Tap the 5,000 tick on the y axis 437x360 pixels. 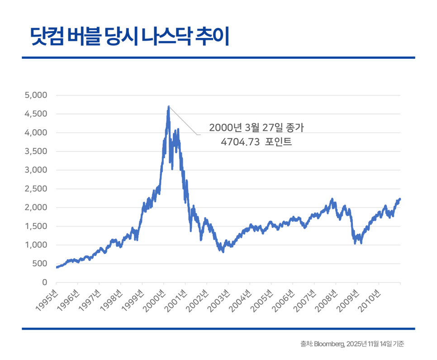tap(36, 95)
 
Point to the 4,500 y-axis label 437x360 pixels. tap(36, 114)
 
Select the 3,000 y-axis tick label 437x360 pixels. tap(36, 170)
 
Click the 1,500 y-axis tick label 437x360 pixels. tap(37, 226)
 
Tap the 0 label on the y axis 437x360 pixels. tap(44, 282)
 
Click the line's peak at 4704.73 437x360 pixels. tap(169, 107)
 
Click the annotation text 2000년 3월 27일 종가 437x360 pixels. tap(256, 128)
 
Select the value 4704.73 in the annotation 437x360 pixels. tap(240, 142)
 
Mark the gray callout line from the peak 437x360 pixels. tap(183, 121)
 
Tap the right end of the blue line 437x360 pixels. tap(400, 199)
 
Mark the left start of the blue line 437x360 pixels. tap(57, 267)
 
